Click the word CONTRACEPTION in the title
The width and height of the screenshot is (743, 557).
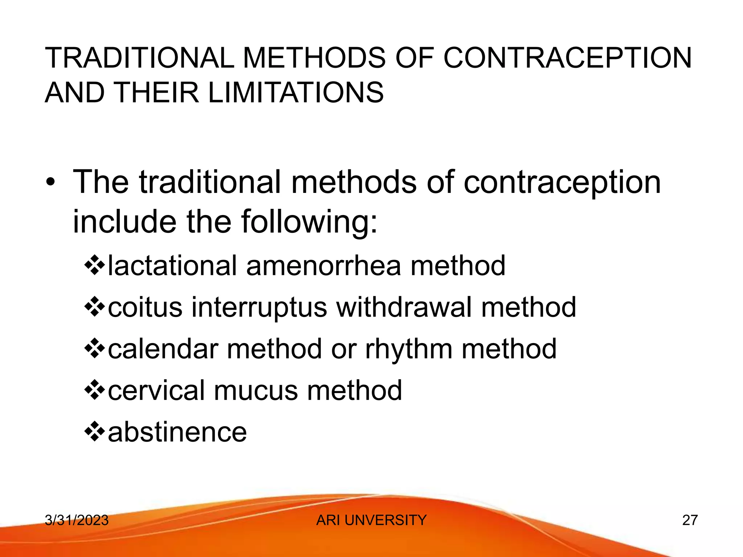tap(567, 58)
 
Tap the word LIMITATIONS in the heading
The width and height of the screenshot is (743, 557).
tap(296, 92)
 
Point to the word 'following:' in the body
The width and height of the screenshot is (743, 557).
tap(309, 222)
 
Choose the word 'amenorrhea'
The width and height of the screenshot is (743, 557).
tap(324, 266)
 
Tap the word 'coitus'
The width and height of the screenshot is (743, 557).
tap(145, 307)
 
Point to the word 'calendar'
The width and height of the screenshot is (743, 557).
tap(163, 349)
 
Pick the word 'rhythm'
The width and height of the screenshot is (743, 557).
tap(409, 349)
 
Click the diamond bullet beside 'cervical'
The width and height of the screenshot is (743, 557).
tap(94, 391)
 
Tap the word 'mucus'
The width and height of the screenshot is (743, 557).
tap(255, 391)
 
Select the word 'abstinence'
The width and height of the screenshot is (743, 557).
tap(177, 432)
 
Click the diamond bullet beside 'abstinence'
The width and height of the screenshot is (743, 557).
tap(94, 432)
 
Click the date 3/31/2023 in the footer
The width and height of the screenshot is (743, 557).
tap(77, 520)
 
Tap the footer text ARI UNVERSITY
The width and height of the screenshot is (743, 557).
tap(371, 520)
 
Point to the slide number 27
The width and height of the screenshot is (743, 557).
tap(690, 520)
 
